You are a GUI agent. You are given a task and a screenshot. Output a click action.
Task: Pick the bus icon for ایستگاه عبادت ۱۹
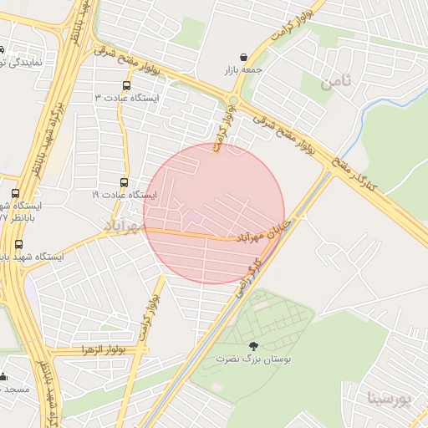tap(125, 182)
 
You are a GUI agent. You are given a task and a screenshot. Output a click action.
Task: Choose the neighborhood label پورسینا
tap(390, 399)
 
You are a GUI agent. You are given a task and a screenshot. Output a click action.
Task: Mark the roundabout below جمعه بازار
tap(232, 102)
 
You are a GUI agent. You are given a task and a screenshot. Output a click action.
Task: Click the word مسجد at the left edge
tap(15, 389)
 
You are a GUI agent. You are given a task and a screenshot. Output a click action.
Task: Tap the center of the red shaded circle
tap(214, 213)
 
